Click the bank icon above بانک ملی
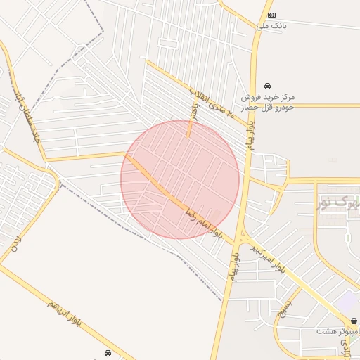271,15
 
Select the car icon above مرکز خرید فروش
267,86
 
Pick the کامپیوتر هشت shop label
337,330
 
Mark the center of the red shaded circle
180,179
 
